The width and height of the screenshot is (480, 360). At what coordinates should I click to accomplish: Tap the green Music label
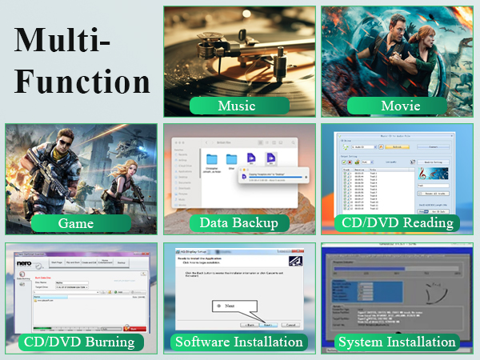[x=237, y=106]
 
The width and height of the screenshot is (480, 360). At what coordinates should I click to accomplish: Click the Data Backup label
[x=237, y=223]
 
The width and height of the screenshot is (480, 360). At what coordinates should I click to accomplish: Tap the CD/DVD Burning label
[x=78, y=342]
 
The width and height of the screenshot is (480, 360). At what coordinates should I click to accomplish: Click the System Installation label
[x=398, y=342]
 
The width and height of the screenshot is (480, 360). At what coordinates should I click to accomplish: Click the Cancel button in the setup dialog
[x=290, y=326]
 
